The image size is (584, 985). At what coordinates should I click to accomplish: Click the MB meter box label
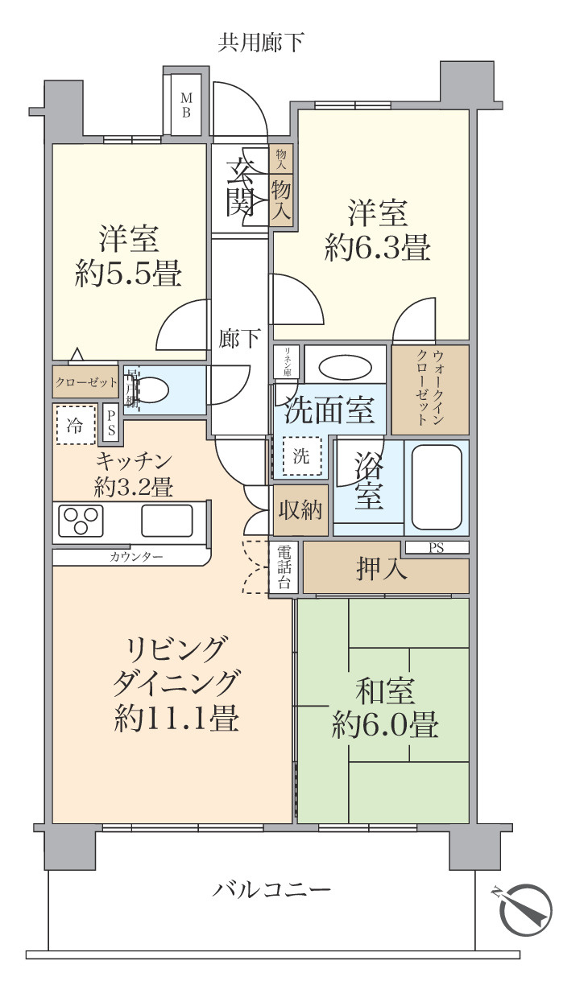[186, 105]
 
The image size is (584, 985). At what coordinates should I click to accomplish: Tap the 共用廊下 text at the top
[261, 43]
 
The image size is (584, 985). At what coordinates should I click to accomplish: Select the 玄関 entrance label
[240, 188]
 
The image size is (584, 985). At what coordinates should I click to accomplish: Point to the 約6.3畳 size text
[376, 247]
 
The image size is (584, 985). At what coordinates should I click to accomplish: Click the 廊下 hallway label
[239, 339]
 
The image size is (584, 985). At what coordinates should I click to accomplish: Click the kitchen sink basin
[167, 520]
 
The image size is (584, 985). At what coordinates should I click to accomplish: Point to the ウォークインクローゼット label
[430, 388]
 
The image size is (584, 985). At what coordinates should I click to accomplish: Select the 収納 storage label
[300, 510]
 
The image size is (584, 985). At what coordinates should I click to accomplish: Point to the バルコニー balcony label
[272, 890]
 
